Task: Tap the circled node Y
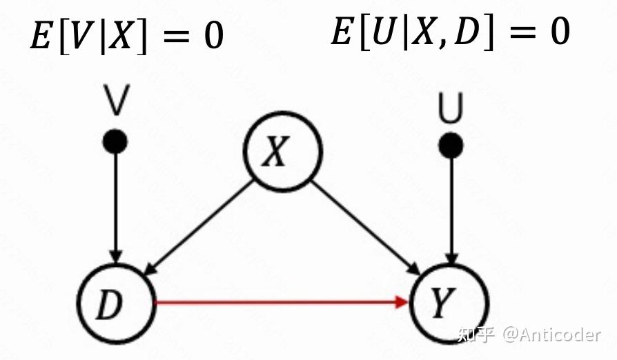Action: pyautogui.click(x=449, y=303)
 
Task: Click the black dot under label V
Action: pyautogui.click(x=115, y=142)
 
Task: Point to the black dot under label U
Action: pyautogui.click(x=451, y=145)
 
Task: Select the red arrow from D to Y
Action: pyautogui.click(x=276, y=302)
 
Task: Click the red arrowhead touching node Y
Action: pyautogui.click(x=402, y=301)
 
